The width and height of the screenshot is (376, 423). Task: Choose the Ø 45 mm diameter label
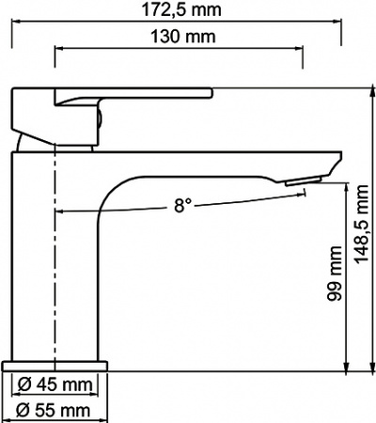[x=55, y=384]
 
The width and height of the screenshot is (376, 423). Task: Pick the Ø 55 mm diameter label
[x=55, y=409]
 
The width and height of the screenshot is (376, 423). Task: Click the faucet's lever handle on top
[x=132, y=96]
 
